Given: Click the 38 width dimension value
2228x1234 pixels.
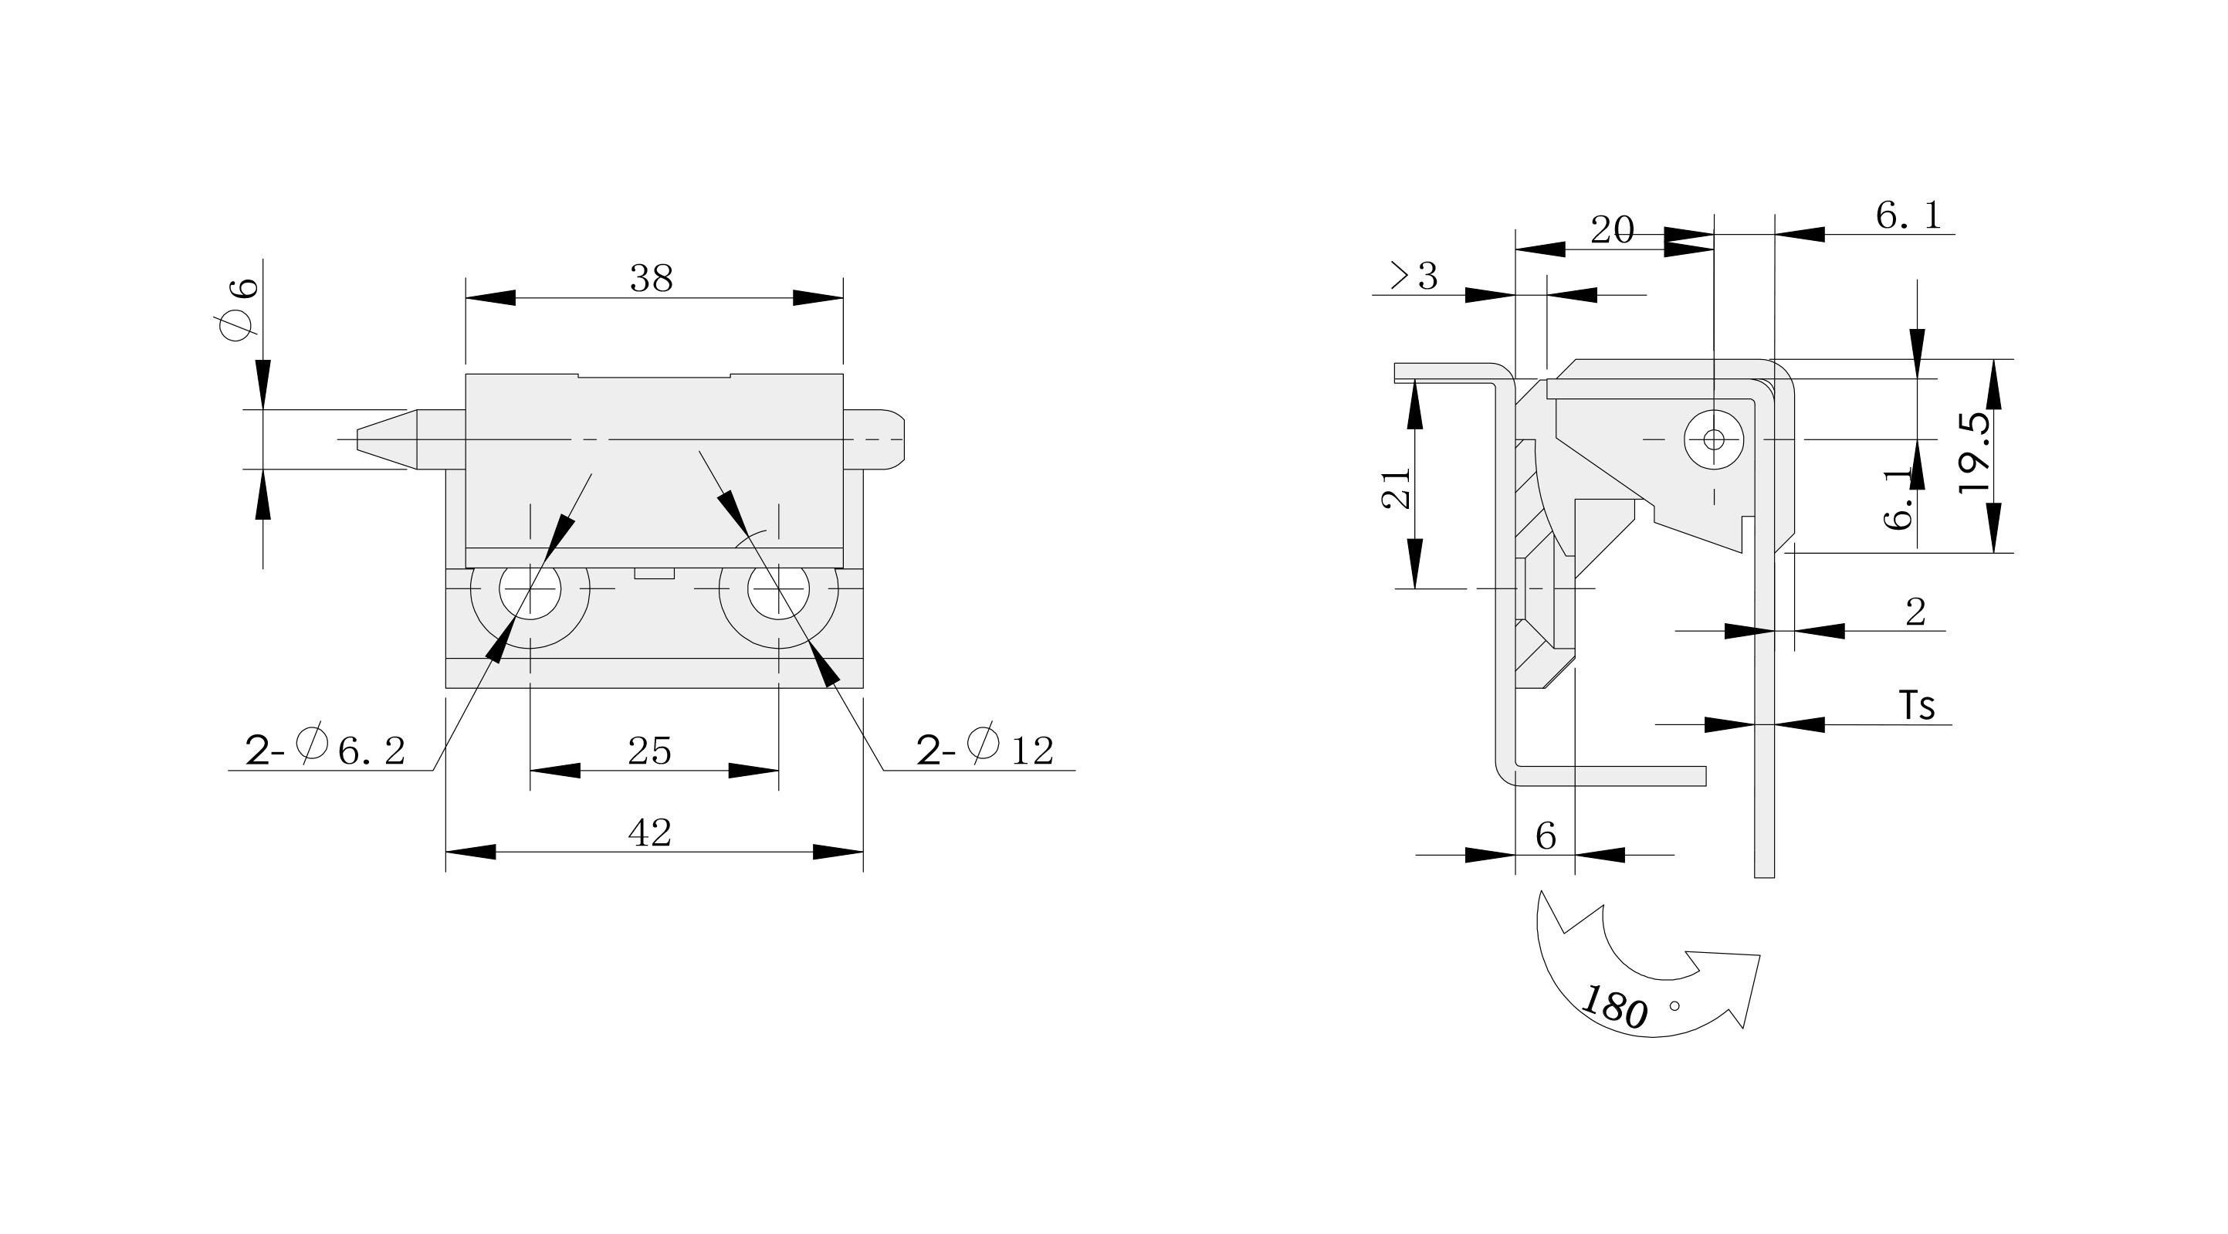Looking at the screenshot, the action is [x=652, y=279].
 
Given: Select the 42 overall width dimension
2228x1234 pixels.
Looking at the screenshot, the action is [x=649, y=832].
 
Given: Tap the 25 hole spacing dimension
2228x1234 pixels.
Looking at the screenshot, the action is [x=649, y=751].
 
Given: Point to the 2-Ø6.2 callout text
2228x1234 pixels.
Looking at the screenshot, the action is [x=325, y=748].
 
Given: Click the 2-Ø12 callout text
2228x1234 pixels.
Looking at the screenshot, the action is [x=985, y=748].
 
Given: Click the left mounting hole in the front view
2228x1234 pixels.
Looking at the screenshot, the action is [x=530, y=589].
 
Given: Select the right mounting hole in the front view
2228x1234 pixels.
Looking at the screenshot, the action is [x=778, y=589].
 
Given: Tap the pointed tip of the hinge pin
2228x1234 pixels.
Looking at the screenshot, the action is [x=358, y=439].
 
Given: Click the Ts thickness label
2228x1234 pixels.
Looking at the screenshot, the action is [x=1917, y=705].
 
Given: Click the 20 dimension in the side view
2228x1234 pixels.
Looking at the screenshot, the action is [x=1613, y=230].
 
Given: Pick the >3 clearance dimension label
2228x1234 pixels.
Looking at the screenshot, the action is [x=1414, y=276].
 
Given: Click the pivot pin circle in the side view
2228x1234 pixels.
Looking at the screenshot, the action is [x=1713, y=439].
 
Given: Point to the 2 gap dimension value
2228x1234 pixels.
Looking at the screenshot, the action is [x=1916, y=612].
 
